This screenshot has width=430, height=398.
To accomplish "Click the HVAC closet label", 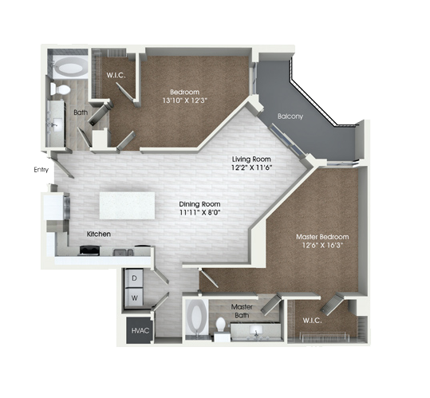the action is tap(140, 330).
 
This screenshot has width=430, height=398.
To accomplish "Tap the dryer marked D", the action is tap(134, 278).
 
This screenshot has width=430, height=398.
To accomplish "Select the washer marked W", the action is tap(134, 298).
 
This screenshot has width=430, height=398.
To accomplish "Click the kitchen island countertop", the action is tap(127, 206).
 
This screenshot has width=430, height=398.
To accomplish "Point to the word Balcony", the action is tap(290, 116).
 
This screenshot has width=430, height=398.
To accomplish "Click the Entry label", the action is tap(41, 170).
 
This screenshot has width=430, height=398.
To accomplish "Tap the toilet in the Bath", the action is tap(60, 89).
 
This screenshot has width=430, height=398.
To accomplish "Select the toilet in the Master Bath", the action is tap(220, 325).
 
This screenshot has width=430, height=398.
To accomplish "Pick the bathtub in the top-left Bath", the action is tap(70, 68).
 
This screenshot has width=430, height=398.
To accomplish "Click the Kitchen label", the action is tap(99, 234).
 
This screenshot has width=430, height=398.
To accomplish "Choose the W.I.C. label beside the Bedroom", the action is tap(116, 76).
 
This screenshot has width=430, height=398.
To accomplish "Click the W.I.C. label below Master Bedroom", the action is tap(312, 320).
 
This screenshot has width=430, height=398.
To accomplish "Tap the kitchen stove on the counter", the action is tap(89, 250).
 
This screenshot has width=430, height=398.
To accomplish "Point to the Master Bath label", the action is tap(242, 311).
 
